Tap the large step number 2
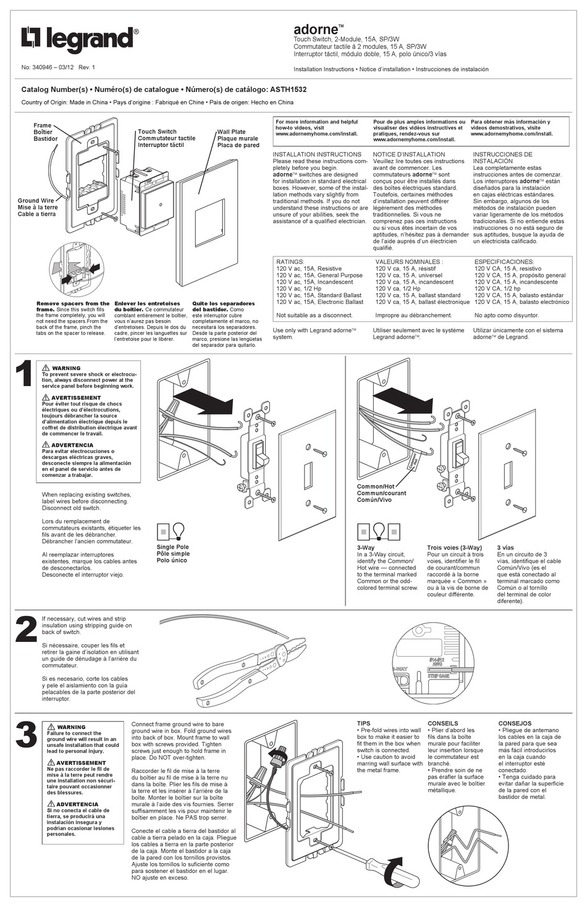pyautogui.click(x=25, y=630)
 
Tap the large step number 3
pyautogui.click(x=25, y=735)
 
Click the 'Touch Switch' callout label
pyautogui.click(x=157, y=132)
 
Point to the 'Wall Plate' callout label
pyautogui.click(x=231, y=132)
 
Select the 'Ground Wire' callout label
pyautogui.click(x=36, y=201)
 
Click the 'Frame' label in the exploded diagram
pyautogui.click(x=43, y=125)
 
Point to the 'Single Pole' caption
pyautogui.click(x=173, y=547)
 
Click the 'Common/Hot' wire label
pyautogui.click(x=375, y=487)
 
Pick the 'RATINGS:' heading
pyautogui.click(x=290, y=262)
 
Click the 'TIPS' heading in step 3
pyautogui.click(x=364, y=723)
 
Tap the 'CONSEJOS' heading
pyautogui.click(x=515, y=723)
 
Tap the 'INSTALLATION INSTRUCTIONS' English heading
pyautogui.click(x=317, y=154)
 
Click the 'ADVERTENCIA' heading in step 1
pyautogui.click(x=72, y=445)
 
